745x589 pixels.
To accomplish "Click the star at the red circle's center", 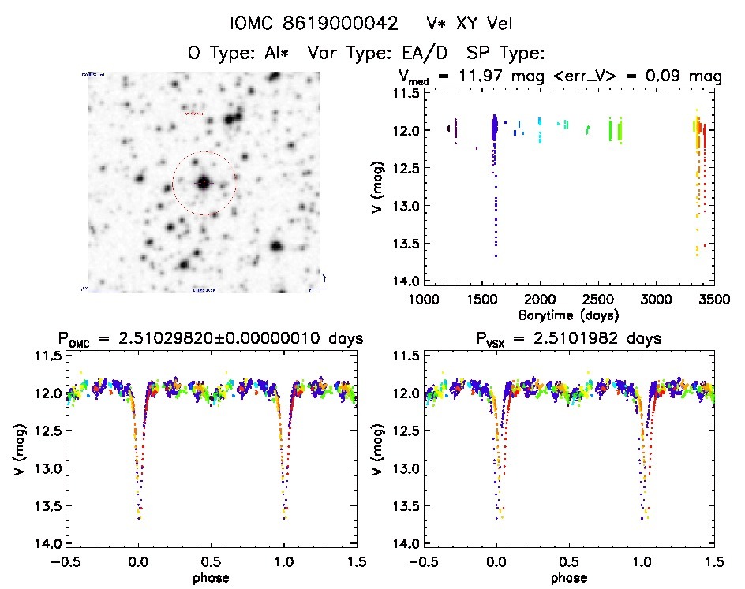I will point(204,183).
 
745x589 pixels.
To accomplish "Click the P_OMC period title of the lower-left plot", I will point(211,339).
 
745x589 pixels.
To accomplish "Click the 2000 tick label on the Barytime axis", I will point(540,300).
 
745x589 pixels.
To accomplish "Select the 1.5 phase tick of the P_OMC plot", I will point(356,562).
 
